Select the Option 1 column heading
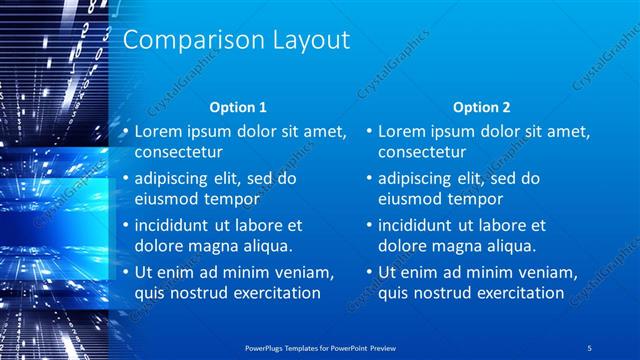237,107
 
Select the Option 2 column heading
481,107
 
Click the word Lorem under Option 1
157,131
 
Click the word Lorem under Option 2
401,131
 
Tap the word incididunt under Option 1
175,225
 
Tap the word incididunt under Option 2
419,225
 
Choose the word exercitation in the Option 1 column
273,293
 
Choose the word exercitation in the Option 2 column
517,293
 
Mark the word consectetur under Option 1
178,152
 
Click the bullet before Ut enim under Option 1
124,273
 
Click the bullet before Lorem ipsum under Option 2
368,131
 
